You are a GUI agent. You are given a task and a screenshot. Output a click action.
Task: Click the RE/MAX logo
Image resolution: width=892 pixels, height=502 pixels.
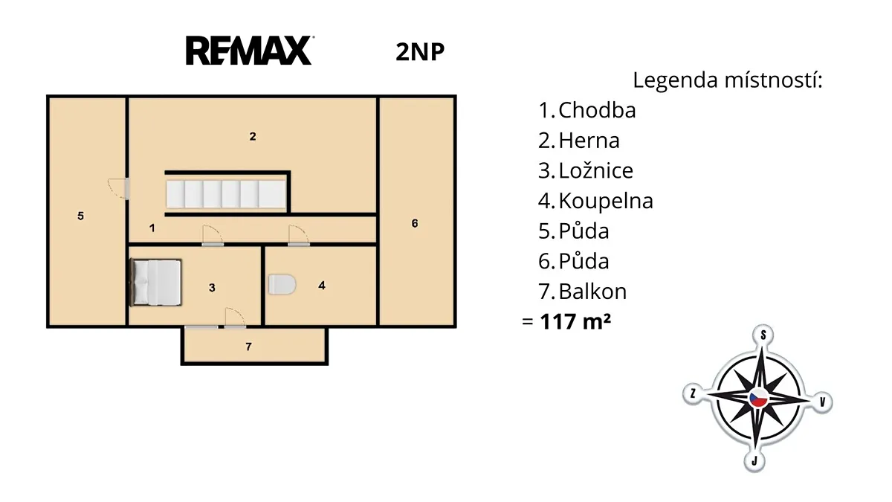pos(250,51)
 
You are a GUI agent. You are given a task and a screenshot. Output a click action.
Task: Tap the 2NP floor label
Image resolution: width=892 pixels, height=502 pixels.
pos(420,52)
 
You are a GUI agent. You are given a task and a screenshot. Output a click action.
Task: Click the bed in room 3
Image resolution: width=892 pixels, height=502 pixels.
pos(156,283)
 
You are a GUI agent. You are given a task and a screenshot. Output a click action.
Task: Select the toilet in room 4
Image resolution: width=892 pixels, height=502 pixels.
pos(282,284)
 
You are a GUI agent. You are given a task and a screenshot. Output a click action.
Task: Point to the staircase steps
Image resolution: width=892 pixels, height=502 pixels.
pos(226,194)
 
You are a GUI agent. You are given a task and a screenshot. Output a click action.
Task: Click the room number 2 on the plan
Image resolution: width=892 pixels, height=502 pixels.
pos(253,137)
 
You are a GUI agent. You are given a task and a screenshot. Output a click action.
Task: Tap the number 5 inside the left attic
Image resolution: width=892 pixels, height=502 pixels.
pos(80,216)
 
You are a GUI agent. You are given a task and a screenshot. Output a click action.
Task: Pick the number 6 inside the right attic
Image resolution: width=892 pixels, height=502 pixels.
pos(415,224)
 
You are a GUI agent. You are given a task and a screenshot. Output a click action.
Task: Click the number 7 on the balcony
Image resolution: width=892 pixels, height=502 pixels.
pos(248,347)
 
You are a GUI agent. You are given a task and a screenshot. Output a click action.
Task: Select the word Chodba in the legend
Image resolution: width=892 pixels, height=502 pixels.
pos(597,110)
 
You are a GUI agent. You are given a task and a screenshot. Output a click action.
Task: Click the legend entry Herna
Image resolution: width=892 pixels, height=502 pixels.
pos(589,141)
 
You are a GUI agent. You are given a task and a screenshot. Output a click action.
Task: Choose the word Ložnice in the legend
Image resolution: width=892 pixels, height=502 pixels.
pos(595,170)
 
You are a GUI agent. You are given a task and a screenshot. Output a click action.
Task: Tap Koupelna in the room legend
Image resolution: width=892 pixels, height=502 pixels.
pos(606,201)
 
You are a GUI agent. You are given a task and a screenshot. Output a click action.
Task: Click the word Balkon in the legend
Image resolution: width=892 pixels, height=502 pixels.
pos(592,292)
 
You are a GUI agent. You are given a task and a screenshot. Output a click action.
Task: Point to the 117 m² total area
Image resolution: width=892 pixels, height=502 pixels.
pos(575,321)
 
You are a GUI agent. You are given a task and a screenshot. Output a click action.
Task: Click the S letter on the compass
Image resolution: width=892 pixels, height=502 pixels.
pos(763,335)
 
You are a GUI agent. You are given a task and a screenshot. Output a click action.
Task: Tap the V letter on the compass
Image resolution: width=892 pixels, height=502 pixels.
pos(823,402)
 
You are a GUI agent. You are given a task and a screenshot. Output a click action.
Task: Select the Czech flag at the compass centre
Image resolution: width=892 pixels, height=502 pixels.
pos(759,399)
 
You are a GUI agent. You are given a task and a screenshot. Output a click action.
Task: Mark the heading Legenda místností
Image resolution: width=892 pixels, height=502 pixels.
pos(728,80)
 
